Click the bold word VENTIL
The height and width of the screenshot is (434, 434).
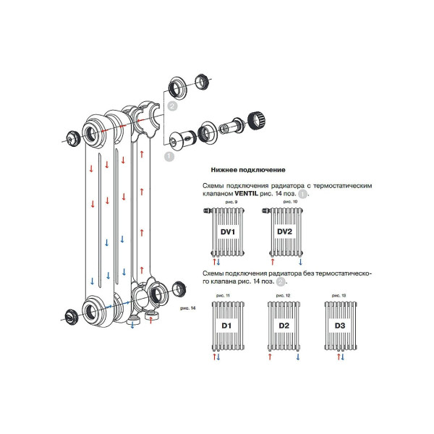[x=247, y=194]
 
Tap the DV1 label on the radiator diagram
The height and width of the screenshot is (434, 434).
[x=227, y=231]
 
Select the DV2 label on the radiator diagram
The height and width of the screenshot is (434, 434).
[x=284, y=231]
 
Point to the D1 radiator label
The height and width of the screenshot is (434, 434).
[x=226, y=326]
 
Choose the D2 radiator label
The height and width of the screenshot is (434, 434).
[x=284, y=326]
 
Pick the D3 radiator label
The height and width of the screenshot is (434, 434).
[x=340, y=326]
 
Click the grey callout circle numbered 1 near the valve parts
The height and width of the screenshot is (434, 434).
[x=169, y=155]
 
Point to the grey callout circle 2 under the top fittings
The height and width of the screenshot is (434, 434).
[x=171, y=106]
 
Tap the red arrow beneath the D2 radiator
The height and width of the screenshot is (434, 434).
[x=271, y=357]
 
